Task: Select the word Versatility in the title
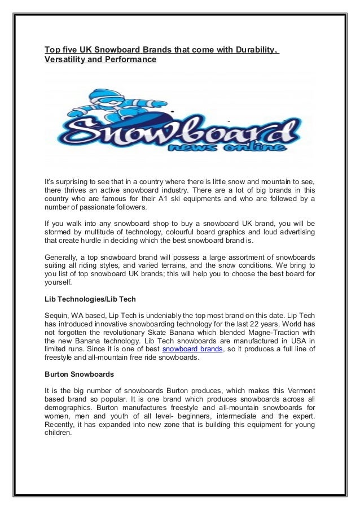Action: [x=67, y=59]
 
